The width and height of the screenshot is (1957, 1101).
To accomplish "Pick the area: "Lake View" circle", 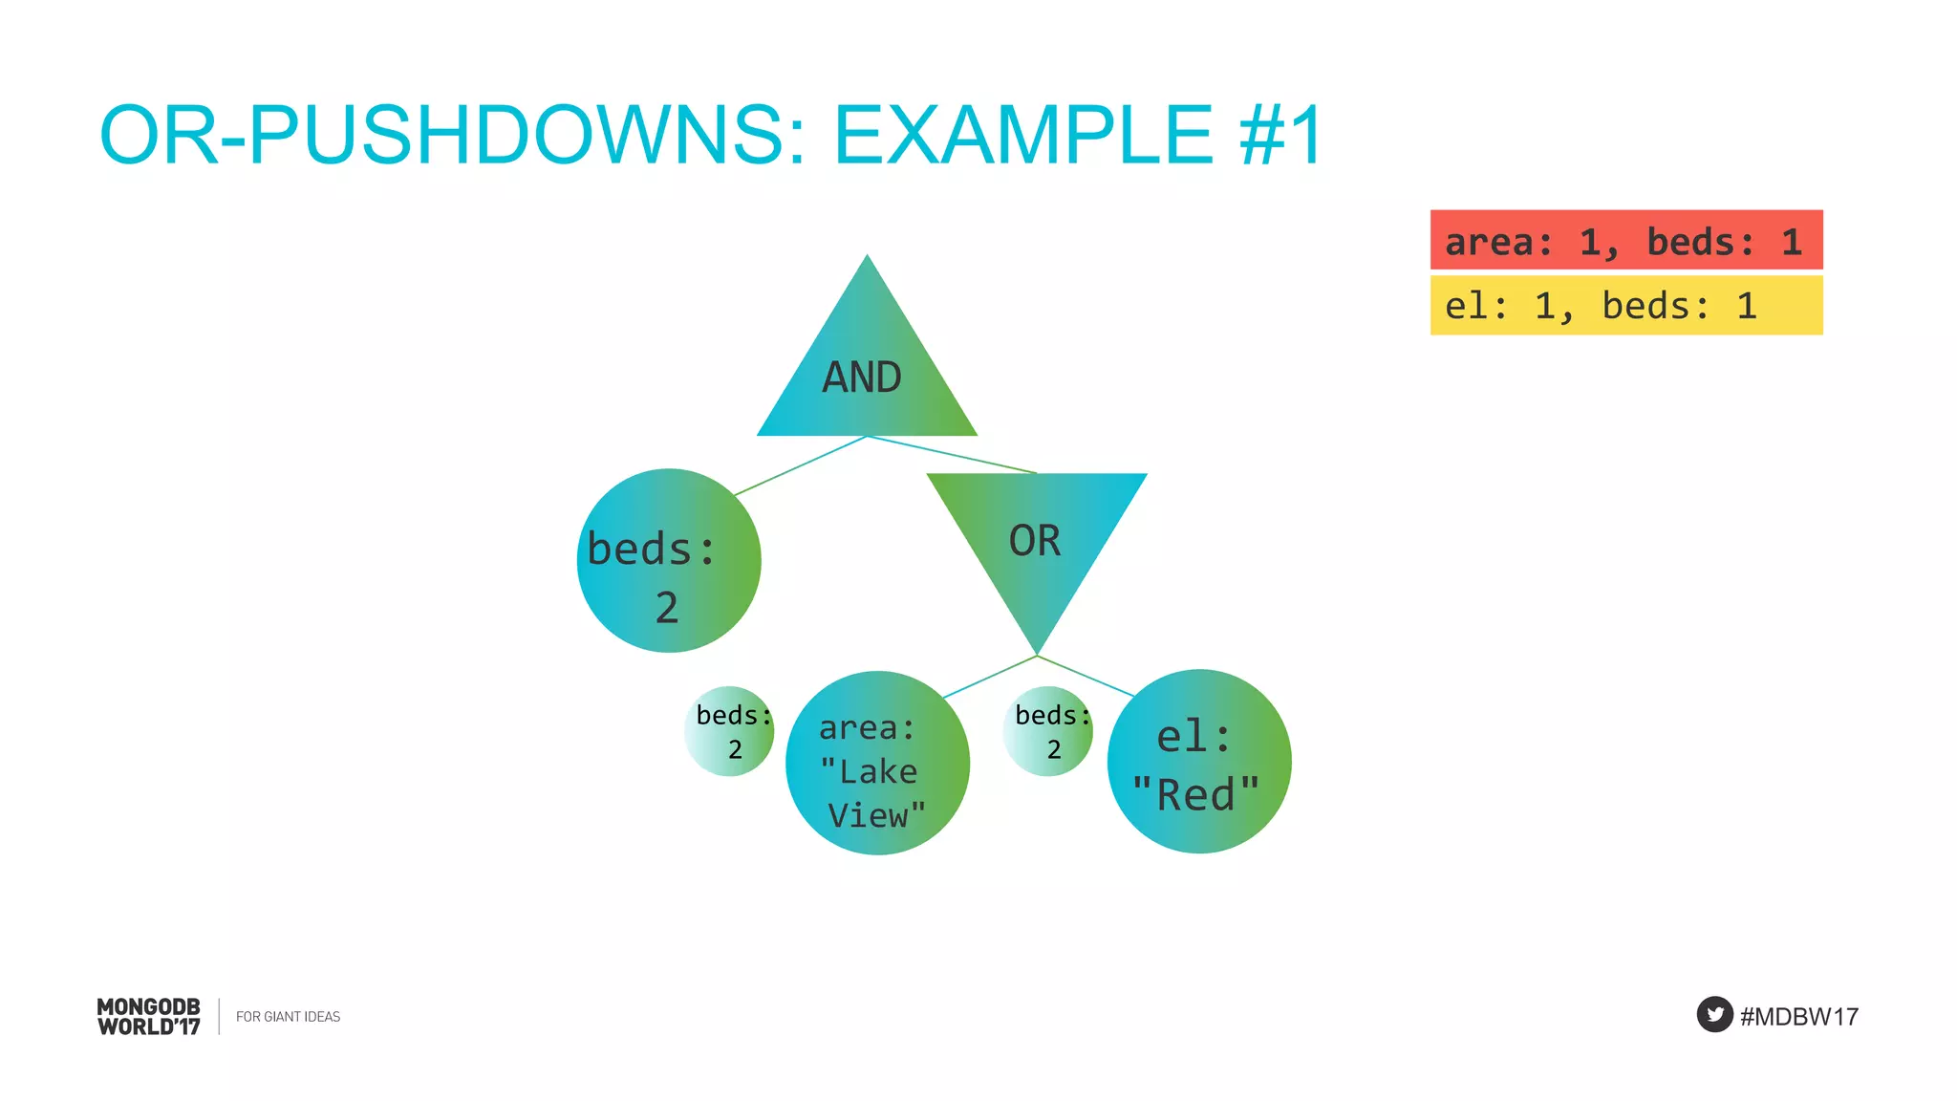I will [877, 764].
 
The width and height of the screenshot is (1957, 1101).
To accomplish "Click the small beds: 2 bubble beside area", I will [729, 731].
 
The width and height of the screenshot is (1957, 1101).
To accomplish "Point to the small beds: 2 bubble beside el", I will [1048, 731].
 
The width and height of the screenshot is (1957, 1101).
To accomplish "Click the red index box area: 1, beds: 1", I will [1625, 240].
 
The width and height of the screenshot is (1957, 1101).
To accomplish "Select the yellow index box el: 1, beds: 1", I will [1625, 306].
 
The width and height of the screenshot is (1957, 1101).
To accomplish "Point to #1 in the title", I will [1280, 135].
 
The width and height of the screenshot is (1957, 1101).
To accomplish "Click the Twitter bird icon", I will [1714, 1014].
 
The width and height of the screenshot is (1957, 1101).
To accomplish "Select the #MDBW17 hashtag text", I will [1799, 1016].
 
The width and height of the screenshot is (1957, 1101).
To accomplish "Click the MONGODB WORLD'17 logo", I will [149, 1016].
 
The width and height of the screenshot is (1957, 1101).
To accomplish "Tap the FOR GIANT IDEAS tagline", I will [288, 1016].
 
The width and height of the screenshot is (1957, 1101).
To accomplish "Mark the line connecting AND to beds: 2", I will [801, 465].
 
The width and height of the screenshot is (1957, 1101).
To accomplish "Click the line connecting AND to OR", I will [952, 455].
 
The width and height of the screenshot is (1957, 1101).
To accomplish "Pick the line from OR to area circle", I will [990, 677].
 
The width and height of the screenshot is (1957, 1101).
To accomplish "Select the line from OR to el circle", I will [1086, 676].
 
